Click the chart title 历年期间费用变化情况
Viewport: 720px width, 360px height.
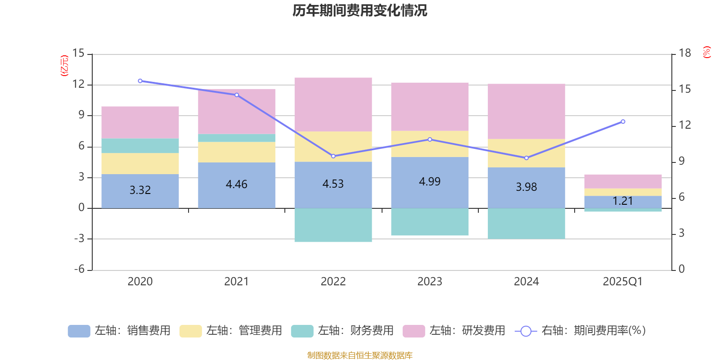360,10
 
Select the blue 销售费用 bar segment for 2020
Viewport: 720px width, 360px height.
140,198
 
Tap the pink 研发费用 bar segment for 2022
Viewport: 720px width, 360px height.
333,104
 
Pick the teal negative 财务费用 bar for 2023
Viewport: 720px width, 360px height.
430,222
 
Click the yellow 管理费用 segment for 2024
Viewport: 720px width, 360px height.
526,153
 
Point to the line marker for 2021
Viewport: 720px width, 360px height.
237,95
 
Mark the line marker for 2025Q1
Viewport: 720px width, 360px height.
623,121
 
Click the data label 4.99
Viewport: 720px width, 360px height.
430,181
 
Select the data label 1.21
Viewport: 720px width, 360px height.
623,201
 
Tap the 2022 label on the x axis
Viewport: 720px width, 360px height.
333,282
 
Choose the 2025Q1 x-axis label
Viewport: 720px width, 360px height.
623,282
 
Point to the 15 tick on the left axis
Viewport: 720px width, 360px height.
78,54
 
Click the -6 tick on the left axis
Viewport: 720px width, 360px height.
79,269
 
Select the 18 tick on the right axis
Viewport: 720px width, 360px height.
685,54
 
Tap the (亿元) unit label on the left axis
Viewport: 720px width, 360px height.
64,66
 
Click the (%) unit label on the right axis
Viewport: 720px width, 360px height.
706,52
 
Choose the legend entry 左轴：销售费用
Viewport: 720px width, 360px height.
120,331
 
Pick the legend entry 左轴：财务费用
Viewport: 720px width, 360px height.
343,331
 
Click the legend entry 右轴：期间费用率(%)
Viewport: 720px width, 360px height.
580,331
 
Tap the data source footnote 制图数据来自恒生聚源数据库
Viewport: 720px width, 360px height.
360,355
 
